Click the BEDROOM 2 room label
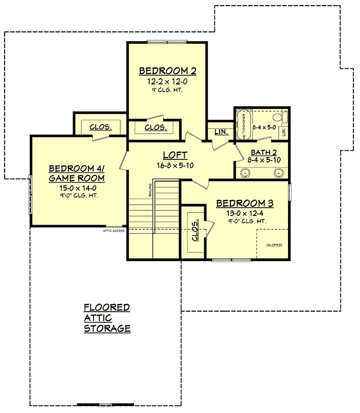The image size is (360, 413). pos(168,71)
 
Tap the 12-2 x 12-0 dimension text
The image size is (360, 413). pos(168,81)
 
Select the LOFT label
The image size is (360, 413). pos(175,155)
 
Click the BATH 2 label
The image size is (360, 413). pos(263,152)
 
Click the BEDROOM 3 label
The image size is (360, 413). pos(244,204)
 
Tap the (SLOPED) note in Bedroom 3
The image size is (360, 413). pos(274,245)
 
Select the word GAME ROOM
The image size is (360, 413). pos(77,178)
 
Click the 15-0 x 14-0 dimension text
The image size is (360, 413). pos(77,188)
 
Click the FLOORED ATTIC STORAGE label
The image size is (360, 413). pos(107,318)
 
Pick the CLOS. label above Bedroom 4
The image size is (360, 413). pos(101,127)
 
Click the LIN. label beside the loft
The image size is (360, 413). pos(221,132)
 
